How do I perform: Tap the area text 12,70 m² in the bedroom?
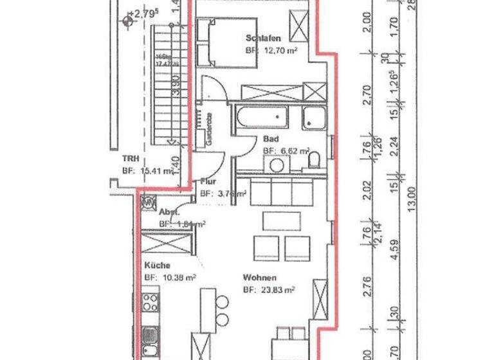point(271,50)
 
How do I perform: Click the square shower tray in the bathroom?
point(313,116)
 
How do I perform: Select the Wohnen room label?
point(259,278)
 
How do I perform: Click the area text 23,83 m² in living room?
point(268,290)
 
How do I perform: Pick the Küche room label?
point(157,265)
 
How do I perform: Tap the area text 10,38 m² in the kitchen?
point(170,277)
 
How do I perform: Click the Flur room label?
point(206,182)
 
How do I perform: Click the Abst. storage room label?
point(169,212)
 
